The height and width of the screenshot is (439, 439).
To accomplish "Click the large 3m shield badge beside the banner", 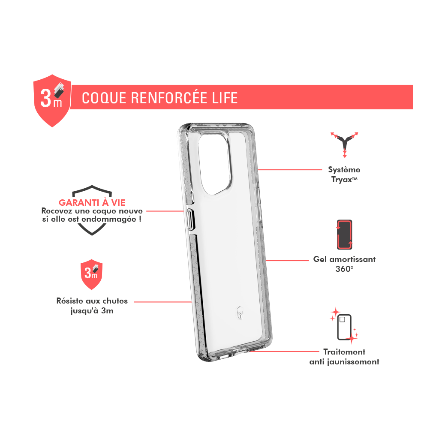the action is (52, 100).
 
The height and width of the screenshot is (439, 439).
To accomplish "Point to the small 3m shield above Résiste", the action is (92, 274).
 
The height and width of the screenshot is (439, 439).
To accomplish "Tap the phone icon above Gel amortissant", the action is (344, 235).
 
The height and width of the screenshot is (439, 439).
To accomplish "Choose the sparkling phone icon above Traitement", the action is (344, 326).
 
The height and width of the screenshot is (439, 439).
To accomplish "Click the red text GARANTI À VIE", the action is (92, 202).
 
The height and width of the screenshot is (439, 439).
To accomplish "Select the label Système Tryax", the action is (344, 175).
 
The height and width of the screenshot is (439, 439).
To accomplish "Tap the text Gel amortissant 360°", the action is (344, 264).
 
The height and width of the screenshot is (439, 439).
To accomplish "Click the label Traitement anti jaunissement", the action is (344, 357).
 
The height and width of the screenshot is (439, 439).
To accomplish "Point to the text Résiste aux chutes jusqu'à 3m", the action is (92, 306).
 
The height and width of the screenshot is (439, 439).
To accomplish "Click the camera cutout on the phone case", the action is (215, 163).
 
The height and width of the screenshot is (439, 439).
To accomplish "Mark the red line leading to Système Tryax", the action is (290, 170).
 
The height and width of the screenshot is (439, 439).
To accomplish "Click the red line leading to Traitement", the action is (284, 352).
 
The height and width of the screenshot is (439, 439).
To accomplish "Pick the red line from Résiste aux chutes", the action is (163, 302).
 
